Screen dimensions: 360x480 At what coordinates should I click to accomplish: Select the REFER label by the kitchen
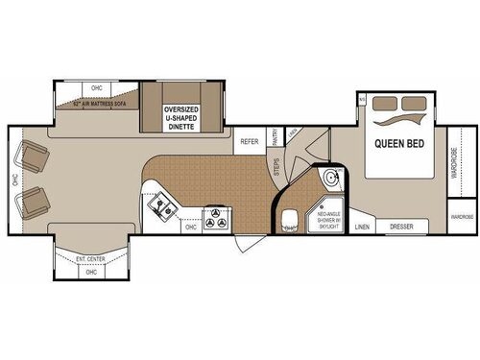pyautogui.click(x=250, y=141)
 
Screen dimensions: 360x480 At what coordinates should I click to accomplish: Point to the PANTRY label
pyautogui.click(x=276, y=139)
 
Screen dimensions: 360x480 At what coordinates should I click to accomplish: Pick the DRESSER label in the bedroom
pyautogui.click(x=400, y=228)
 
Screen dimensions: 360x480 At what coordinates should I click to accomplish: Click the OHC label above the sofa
pyautogui.click(x=97, y=89)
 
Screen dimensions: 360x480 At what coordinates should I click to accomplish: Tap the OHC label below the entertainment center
pyautogui.click(x=91, y=273)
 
